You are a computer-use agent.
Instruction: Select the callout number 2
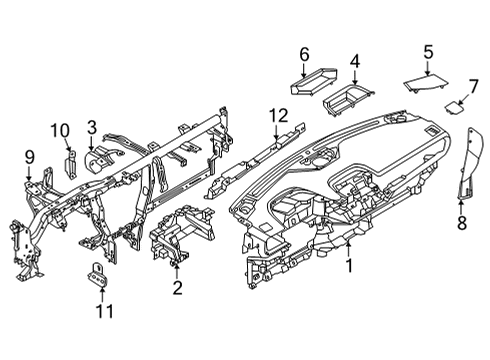pyautogui.click(x=177, y=289)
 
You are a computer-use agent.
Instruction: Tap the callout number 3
pyautogui.click(x=91, y=126)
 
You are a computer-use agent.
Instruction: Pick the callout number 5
pyautogui.click(x=427, y=52)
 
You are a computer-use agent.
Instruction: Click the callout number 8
pyautogui.click(x=461, y=223)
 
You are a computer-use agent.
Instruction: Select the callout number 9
pyautogui.click(x=29, y=156)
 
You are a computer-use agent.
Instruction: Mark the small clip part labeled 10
pyautogui.click(x=70, y=160)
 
